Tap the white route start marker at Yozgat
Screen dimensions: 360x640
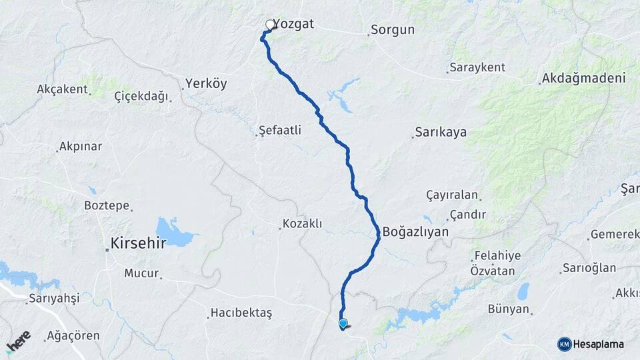point(270,25)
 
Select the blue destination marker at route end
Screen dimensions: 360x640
point(343,324)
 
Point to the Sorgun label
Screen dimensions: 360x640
point(393,30)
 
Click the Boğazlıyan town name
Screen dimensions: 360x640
point(416,232)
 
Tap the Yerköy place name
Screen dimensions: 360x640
point(206,84)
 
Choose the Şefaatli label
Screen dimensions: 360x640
point(281,131)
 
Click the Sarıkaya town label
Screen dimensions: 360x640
point(440,132)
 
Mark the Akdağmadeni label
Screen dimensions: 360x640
point(585,79)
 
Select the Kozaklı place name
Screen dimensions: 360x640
point(302,224)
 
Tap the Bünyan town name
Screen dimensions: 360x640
point(509,309)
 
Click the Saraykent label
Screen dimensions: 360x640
point(477,67)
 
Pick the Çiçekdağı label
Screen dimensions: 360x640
point(141,97)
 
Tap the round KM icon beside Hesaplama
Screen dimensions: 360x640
point(565,344)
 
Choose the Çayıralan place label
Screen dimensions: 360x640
point(452,195)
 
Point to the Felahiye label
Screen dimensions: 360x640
point(497,256)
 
